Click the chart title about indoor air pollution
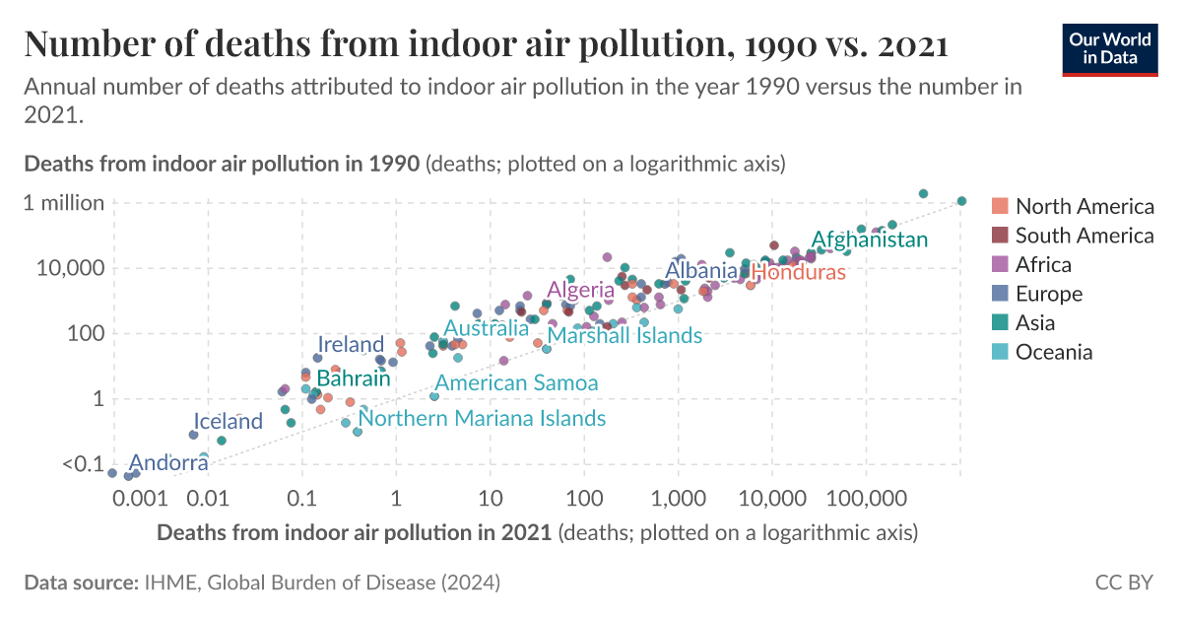click(485, 44)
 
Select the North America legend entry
click(1083, 206)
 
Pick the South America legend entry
click(1083, 236)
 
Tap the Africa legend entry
click(1043, 264)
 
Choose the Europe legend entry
click(1048, 294)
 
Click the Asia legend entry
click(1034, 322)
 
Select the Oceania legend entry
click(1053, 352)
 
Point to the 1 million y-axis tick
click(65, 203)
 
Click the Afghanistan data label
click(869, 240)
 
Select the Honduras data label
click(798, 272)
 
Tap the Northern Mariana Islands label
click(482, 418)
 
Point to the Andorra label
click(167, 462)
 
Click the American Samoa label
click(516, 382)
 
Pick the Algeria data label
click(581, 290)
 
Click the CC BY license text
click(1123, 583)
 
